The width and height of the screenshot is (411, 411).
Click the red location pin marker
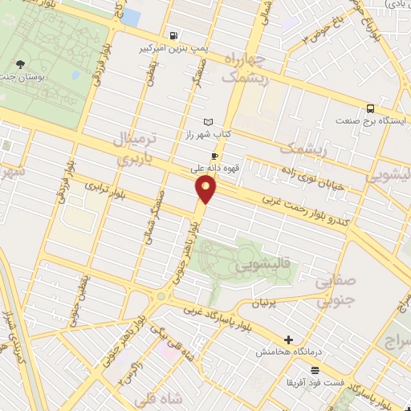click(207, 189)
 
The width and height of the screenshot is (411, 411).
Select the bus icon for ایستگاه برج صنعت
click(370, 108)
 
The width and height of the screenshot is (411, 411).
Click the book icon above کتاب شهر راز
click(210, 121)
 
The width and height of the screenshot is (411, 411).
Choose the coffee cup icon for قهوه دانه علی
click(214, 156)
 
